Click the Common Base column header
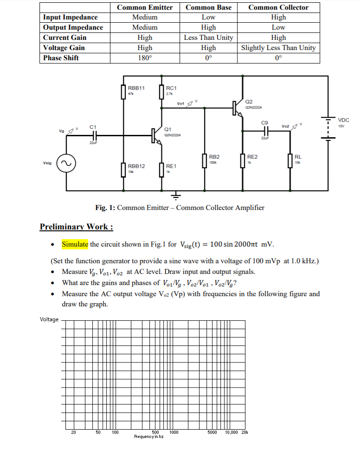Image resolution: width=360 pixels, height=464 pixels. [x=208, y=7]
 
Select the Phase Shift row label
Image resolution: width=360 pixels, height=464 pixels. [x=61, y=58]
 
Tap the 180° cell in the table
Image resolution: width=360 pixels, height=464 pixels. [x=145, y=58]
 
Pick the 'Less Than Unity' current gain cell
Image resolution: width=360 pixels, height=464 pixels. [x=208, y=38]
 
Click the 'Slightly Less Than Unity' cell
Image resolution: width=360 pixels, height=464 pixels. [x=278, y=48]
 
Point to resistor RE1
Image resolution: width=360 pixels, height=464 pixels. [x=162, y=169]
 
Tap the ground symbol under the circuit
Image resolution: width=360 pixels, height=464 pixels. [x=175, y=195]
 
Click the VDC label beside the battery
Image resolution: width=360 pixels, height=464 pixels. [x=343, y=120]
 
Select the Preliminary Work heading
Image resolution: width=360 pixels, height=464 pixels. [x=76, y=227]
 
